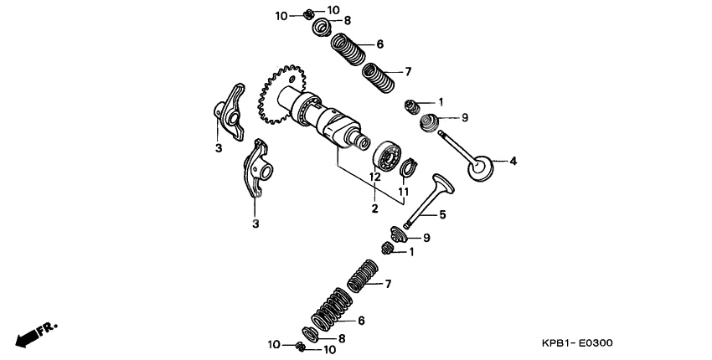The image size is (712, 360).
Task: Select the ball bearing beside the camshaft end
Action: (x=389, y=156)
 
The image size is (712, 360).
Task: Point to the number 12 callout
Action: (x=375, y=177)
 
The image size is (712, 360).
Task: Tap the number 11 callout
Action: (x=403, y=192)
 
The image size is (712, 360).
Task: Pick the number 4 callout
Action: (x=513, y=161)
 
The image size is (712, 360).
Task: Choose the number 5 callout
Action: (x=442, y=215)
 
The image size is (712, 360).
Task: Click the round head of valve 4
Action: (x=480, y=167)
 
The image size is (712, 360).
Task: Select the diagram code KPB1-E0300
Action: (x=577, y=343)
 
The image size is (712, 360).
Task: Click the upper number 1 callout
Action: (x=441, y=101)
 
